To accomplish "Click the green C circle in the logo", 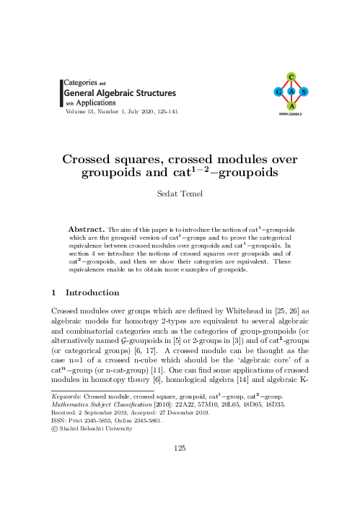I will coord(290,77).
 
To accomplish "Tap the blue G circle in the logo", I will coord(277,92).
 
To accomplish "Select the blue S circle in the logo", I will coord(304,92).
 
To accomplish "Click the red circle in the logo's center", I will coord(290,92).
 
